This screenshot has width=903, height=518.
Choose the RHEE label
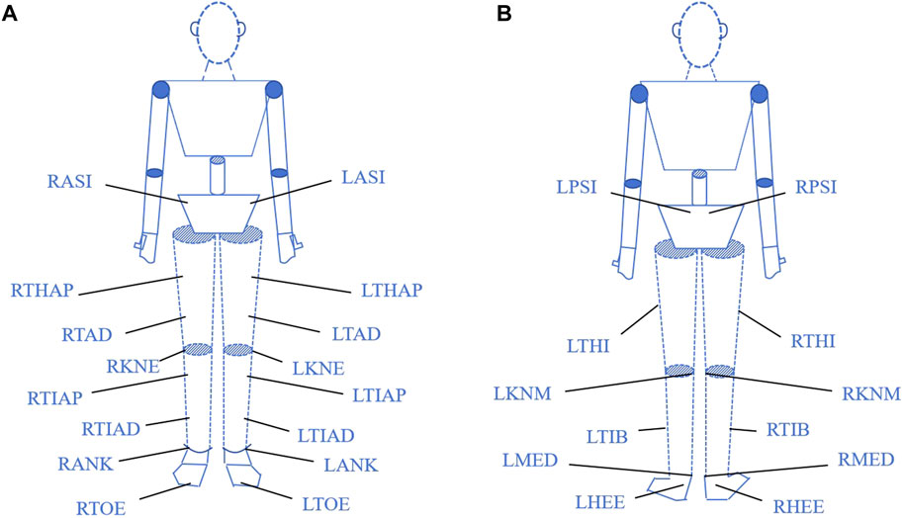pyautogui.click(x=795, y=501)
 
